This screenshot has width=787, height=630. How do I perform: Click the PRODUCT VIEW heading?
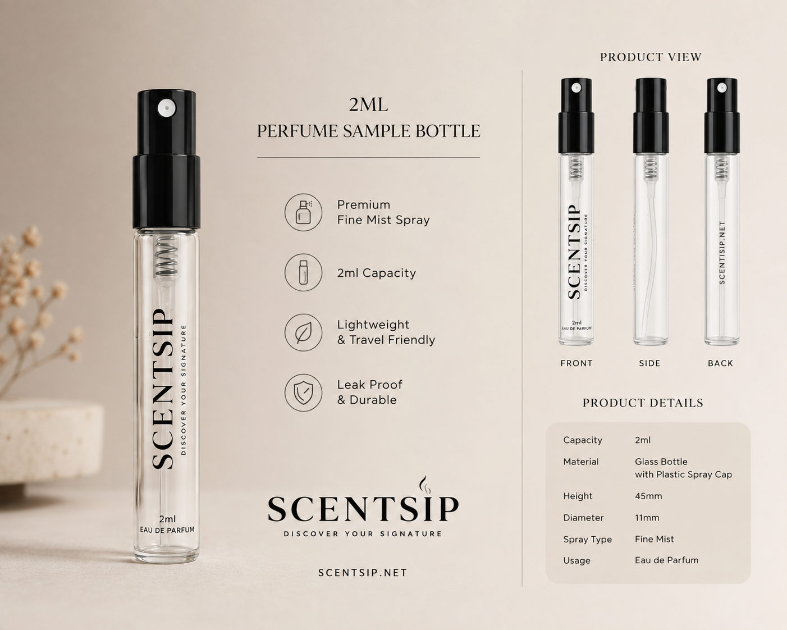(x=651, y=57)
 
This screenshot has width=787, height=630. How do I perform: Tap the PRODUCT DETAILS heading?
(x=643, y=403)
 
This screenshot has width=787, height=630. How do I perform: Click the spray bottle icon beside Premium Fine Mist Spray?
(x=303, y=212)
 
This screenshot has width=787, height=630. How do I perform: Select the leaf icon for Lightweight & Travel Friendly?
(x=303, y=332)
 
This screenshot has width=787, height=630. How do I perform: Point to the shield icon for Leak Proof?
(x=303, y=392)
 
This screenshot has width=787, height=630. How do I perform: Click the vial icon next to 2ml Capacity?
(x=303, y=272)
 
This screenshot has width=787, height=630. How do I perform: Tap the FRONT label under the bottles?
(x=576, y=363)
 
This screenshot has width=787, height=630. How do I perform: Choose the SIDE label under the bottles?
(x=650, y=363)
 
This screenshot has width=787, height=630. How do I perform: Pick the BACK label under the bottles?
(x=720, y=363)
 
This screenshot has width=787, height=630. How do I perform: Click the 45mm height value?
(x=648, y=496)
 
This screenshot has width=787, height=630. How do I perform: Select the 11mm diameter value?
(x=647, y=518)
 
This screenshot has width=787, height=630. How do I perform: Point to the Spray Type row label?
(x=587, y=540)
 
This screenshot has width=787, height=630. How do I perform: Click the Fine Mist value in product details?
(x=655, y=539)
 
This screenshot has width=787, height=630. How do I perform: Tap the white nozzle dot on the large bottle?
(x=167, y=108)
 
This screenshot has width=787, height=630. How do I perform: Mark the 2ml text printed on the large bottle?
(x=167, y=519)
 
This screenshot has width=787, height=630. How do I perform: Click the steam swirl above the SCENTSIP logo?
(x=424, y=485)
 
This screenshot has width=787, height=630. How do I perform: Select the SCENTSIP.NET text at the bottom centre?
(x=363, y=573)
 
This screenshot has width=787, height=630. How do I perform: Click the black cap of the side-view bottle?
(x=651, y=116)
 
